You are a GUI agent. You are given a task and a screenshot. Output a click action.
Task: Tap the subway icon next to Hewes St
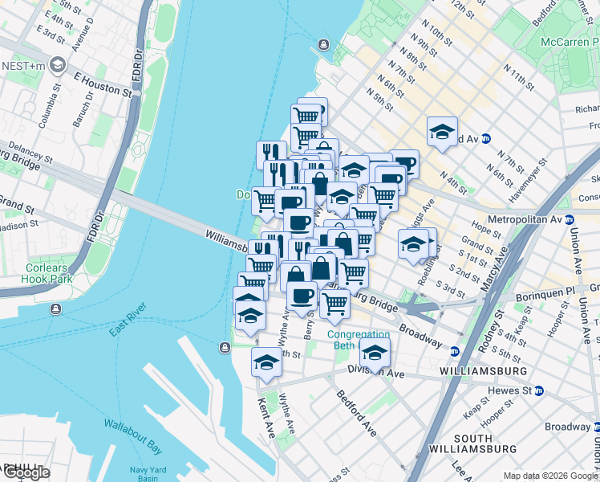[x=539, y=390]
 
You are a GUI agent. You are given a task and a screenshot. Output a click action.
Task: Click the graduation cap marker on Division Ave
[x=375, y=352]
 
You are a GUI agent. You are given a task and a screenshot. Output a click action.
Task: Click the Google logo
[x=26, y=472]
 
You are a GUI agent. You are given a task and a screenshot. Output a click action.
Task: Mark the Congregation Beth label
[x=353, y=340]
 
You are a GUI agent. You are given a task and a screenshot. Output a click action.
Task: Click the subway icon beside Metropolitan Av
[x=570, y=219]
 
